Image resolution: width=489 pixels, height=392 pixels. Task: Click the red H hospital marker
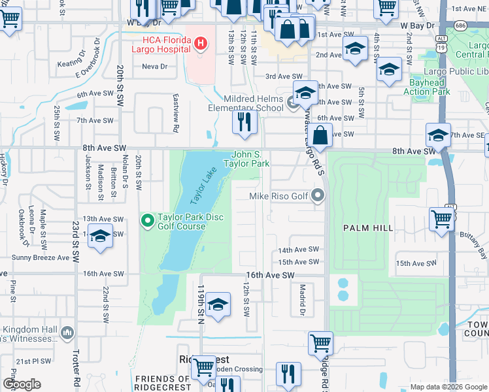tap(201, 44)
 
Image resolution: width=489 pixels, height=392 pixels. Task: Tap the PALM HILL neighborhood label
tap(368, 227)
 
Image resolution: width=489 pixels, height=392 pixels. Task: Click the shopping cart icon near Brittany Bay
tap(442, 220)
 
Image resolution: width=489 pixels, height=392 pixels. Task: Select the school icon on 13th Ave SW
tap(100, 237)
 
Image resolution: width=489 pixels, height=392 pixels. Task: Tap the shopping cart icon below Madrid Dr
tap(320, 342)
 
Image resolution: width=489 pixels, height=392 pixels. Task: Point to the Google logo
tap(22, 384)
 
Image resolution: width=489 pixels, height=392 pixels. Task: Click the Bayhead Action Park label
tap(428, 87)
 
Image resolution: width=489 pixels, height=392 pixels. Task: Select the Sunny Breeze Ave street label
tap(44, 257)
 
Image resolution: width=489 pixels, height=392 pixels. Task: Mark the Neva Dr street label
tap(154, 67)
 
